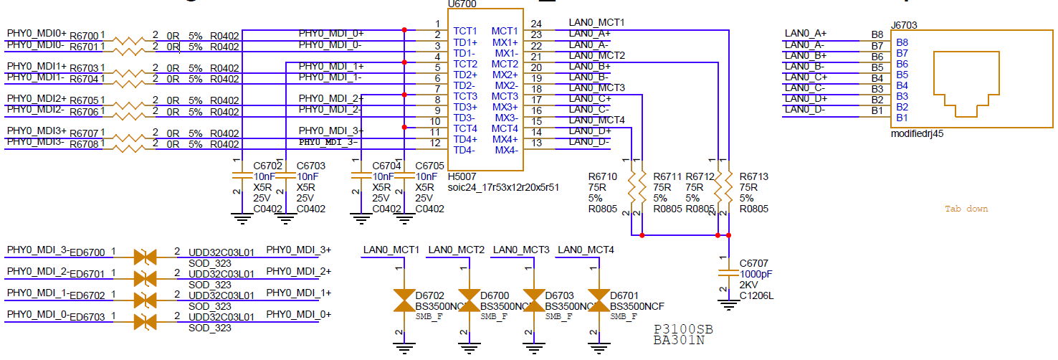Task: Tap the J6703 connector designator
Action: pyautogui.click(x=904, y=25)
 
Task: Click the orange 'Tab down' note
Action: pyautogui.click(x=966, y=209)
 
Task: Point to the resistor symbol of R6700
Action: pyautogui.click(x=129, y=36)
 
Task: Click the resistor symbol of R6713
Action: pyautogui.click(x=728, y=187)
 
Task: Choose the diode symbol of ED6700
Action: pyautogui.click(x=146, y=256)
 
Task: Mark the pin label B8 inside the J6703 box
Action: pyautogui.click(x=902, y=42)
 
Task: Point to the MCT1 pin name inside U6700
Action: pyautogui.click(x=505, y=31)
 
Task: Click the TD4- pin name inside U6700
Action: pyautogui.click(x=464, y=151)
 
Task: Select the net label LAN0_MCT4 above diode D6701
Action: pyautogui.click(x=586, y=250)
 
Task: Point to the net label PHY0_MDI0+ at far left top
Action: pyautogui.click(x=37, y=34)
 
